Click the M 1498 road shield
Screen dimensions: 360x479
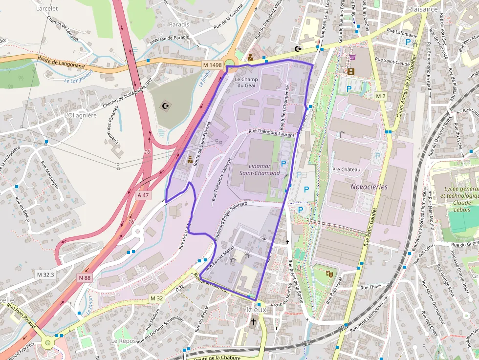click(212, 64)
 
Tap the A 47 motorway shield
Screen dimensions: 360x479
click(143, 195)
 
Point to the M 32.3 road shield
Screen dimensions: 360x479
click(46, 275)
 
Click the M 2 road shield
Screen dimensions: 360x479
click(381, 96)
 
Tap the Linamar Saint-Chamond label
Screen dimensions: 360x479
click(260, 169)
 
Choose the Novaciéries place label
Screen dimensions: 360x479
click(369, 187)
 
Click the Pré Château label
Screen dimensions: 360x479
click(346, 169)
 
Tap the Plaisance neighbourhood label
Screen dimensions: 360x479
click(422, 9)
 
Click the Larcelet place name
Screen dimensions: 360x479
click(47, 8)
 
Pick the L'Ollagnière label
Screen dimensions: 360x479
click(81, 115)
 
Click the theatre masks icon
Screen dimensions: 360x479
click(330, 275)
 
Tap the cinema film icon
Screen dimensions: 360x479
click(351, 71)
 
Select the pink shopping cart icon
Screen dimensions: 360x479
click(352, 57)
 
